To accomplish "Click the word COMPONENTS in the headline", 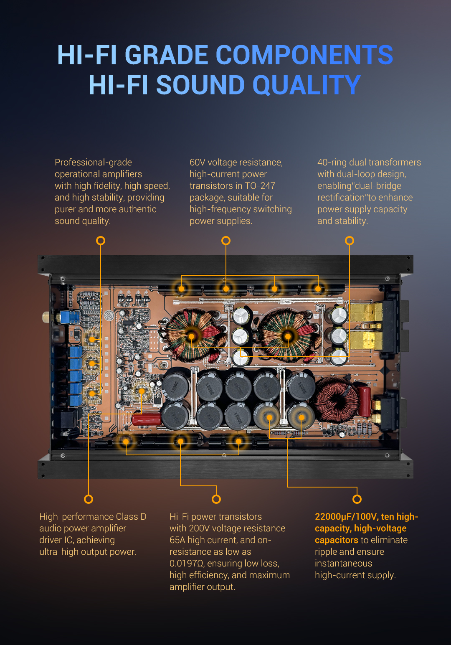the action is coord(304,55).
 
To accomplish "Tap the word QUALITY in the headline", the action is coord(307,85).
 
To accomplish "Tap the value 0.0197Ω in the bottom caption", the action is coord(187,563).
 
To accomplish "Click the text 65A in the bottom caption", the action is coord(177,540).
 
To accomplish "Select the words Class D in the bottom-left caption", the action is coord(131,517).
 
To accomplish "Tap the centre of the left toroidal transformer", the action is coord(191,336).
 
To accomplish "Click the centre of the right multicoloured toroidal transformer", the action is coord(288,336).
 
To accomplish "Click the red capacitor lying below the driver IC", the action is coord(147,419).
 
